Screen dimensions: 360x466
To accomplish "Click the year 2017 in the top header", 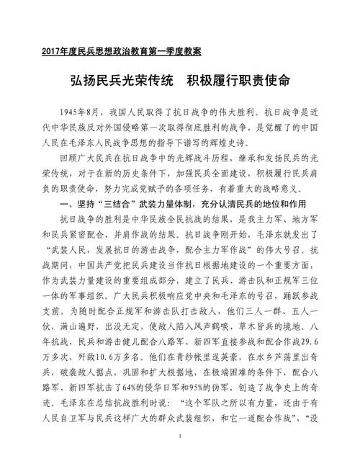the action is (x=53, y=52).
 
